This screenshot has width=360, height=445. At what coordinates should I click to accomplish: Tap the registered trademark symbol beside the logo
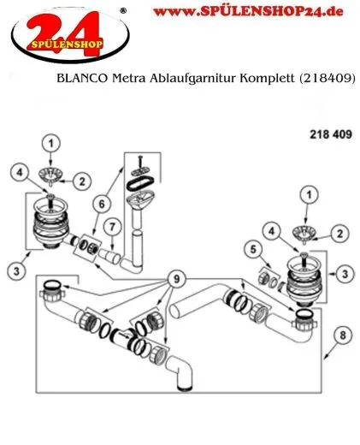(126, 9)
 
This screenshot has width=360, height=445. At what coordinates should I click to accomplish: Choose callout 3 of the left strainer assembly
(17, 270)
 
